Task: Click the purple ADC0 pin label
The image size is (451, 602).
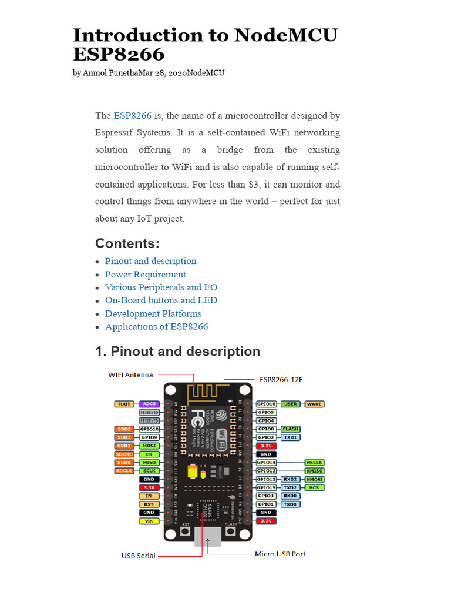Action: [149, 404]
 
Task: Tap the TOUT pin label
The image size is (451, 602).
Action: [124, 404]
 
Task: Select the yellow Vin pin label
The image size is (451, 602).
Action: [149, 521]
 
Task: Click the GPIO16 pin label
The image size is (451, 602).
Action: [266, 404]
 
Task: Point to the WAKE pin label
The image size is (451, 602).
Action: [314, 404]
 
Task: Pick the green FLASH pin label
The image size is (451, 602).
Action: [290, 429]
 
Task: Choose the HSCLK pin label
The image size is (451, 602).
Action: [314, 463]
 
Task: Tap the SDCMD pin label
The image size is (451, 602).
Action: [124, 454]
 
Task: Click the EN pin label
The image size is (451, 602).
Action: [149, 496]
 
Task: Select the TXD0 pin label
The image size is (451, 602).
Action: [290, 504]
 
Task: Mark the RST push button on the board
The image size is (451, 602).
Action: [185, 532]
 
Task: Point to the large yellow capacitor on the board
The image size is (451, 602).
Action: [191, 472]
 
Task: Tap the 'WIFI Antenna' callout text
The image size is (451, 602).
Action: [130, 374]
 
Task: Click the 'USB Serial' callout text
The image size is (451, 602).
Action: [139, 556]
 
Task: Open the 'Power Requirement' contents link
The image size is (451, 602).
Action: [145, 275]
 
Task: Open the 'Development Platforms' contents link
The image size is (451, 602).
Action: [153, 313]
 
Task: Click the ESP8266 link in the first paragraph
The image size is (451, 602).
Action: [133, 116]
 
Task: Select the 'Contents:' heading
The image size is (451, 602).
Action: [127, 243]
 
